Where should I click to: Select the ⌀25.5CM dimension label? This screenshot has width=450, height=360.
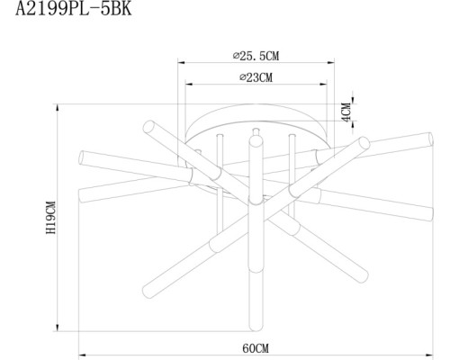[x=256, y=55]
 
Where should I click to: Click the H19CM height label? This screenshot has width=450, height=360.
[x=52, y=219]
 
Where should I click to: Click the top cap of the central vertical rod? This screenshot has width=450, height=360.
[x=256, y=131]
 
